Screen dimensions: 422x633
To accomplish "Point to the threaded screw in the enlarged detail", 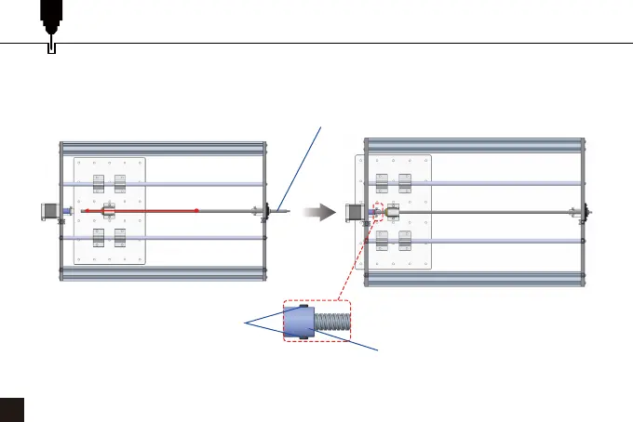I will (333, 322).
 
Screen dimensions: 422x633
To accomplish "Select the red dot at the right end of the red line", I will (197, 211).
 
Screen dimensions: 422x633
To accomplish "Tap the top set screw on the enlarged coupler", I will (302, 306).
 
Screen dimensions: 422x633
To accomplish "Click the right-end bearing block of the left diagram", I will (266, 212).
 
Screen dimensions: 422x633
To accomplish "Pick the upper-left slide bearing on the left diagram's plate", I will (98, 184).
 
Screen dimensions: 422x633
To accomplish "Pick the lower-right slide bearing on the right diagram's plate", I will (404, 241).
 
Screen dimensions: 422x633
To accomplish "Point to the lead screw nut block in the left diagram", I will (108, 212).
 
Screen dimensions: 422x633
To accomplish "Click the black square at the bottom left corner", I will (11, 409).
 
